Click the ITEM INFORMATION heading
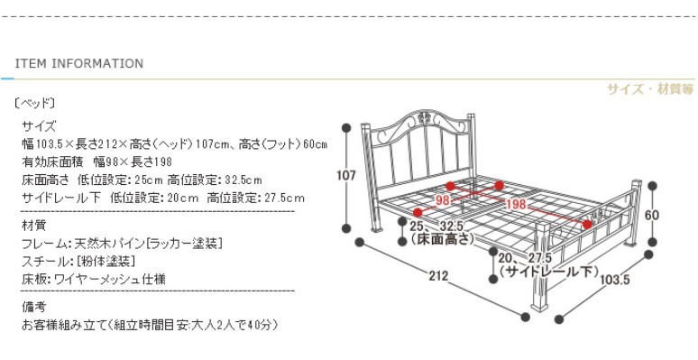[x=79, y=63]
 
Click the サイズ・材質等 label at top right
[x=650, y=89]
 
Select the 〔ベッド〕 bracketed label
[x=35, y=104]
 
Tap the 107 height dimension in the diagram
[x=346, y=176]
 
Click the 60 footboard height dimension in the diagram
[x=652, y=216]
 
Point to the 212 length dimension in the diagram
[x=438, y=276]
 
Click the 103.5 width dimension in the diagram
[x=615, y=280]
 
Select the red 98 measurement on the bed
[x=442, y=200]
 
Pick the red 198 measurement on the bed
[x=516, y=205]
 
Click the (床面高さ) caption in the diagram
[x=441, y=239]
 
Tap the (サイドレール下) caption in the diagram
[x=548, y=272]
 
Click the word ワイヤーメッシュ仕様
[x=110, y=280]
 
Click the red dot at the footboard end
[x=587, y=225]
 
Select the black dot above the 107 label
[x=346, y=128]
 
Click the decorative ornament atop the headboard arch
[x=423, y=118]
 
